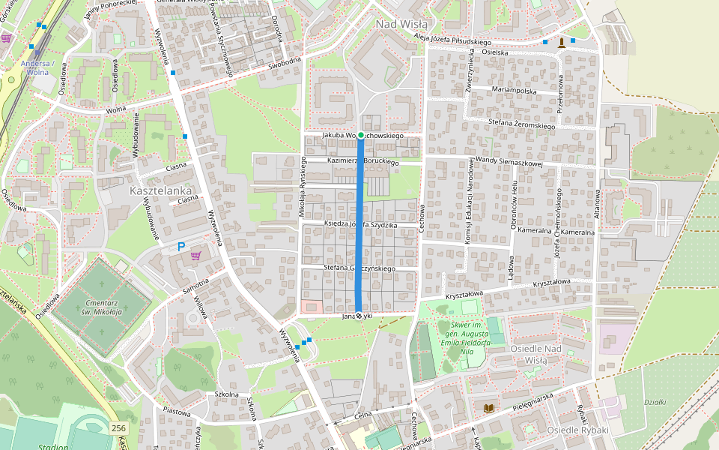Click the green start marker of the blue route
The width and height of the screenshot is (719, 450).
[x=360, y=135]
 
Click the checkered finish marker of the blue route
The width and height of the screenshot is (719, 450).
[x=359, y=316]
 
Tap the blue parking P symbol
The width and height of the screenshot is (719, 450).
[x=180, y=247]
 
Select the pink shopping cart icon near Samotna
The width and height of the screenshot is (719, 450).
[x=196, y=256]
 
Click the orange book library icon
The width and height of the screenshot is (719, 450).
[x=489, y=408]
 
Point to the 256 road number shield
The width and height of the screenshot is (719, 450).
[x=118, y=428]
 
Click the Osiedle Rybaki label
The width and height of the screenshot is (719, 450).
[x=577, y=430]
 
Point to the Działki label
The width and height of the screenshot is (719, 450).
[x=655, y=402]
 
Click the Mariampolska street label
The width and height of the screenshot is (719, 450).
[x=515, y=90]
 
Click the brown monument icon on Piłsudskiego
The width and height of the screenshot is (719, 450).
[x=561, y=42]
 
